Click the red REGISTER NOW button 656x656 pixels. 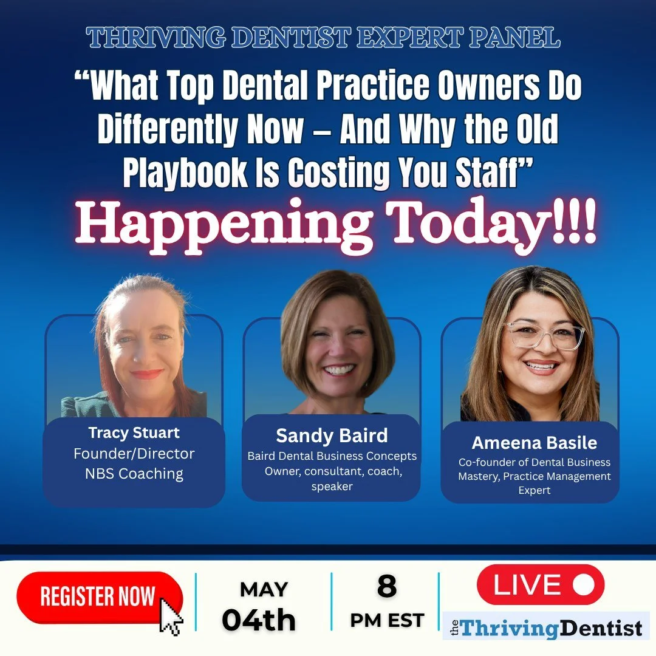click(100, 597)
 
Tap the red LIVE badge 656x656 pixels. click(541, 584)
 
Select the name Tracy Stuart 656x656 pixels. click(134, 432)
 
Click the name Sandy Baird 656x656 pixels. click(332, 436)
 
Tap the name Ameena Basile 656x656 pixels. click(535, 443)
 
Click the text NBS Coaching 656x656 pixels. click(134, 474)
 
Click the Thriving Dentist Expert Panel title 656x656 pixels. click(323, 37)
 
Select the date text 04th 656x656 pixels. click(259, 620)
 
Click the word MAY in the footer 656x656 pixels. click(264, 589)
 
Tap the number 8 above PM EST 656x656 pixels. click(386, 586)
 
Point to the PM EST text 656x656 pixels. click(387, 620)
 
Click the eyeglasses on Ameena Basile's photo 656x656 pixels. click(547, 335)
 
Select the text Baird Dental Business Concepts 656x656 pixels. click(332, 456)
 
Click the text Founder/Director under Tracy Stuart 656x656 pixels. click(134, 454)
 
